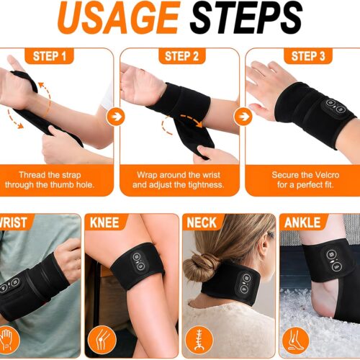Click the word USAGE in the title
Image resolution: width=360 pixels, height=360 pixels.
pyautogui.click(x=119, y=17)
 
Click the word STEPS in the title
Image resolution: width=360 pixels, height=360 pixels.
pyautogui.click(x=246, y=17)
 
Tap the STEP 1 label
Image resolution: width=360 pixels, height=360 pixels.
pyautogui.click(x=49, y=56)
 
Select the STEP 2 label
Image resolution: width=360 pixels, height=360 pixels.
pyautogui.click(x=181, y=56)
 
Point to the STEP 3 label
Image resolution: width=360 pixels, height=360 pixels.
pyautogui.click(x=308, y=56)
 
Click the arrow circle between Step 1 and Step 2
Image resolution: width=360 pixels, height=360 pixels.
pyautogui.click(x=116, y=117)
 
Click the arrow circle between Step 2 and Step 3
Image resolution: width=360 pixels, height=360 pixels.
pyautogui.click(x=243, y=117)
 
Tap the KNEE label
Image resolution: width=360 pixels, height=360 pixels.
pyautogui.click(x=104, y=222)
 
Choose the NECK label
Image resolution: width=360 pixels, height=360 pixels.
pyautogui.click(x=202, y=222)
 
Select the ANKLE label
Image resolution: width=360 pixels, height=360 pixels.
pyautogui.click(x=302, y=222)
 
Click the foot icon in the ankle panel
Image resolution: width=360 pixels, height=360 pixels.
pyautogui.click(x=296, y=341)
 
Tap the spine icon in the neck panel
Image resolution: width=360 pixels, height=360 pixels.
pyautogui.click(x=199, y=341)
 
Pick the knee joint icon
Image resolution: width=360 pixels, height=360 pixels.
pyautogui.click(x=102, y=340)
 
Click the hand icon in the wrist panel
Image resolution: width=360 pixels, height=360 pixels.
pyautogui.click(x=7, y=340)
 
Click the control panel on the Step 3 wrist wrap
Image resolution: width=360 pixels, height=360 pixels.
pyautogui.click(x=334, y=106)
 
